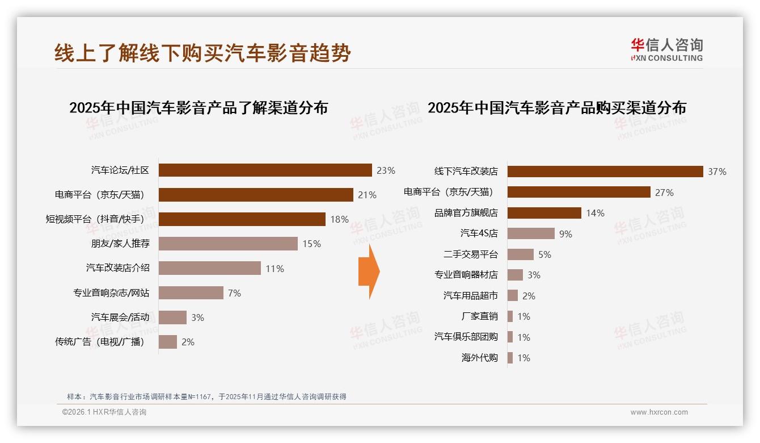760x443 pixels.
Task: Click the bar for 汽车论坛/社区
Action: point(265,170)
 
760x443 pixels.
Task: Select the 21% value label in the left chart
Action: point(367,195)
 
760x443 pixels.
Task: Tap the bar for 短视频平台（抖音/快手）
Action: point(242,219)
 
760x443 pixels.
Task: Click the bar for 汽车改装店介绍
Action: point(209,268)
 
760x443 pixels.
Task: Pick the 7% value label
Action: point(234,293)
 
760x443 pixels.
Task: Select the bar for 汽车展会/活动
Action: point(172,317)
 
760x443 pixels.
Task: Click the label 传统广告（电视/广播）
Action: point(100,342)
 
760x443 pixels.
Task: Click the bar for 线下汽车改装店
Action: point(605,172)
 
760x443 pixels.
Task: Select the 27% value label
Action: point(664,193)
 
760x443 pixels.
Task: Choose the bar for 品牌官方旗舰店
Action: point(544,213)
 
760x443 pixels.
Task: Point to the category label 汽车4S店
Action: point(479,233)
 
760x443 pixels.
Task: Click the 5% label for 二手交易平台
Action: point(544,254)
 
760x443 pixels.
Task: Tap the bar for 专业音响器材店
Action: point(515,275)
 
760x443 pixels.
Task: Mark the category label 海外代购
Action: point(479,358)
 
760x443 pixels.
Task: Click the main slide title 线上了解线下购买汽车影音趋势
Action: point(202,53)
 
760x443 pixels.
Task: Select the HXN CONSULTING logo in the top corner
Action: point(666,49)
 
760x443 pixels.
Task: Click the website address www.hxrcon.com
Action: point(659,412)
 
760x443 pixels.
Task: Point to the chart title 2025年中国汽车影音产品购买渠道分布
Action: point(556,107)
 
